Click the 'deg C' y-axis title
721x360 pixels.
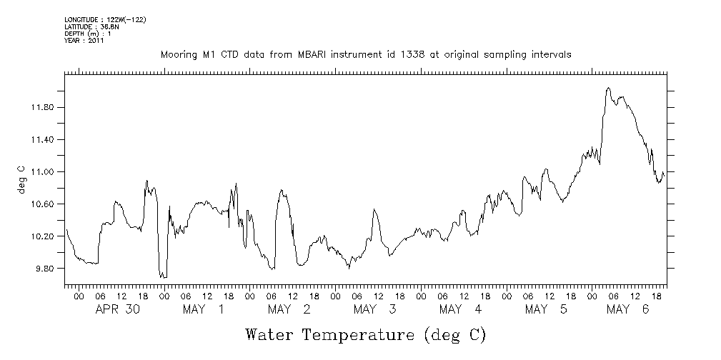coord(21,179)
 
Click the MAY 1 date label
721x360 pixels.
coord(204,309)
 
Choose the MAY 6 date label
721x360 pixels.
coord(627,309)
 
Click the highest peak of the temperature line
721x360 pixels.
coord(607,89)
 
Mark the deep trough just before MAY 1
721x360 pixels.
coord(163,276)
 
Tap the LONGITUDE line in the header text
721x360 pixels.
coord(105,19)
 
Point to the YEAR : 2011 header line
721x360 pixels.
coord(84,41)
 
